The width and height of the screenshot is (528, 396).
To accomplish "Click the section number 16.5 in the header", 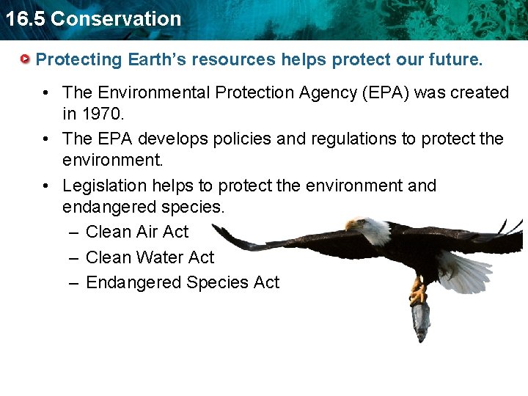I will (24, 19).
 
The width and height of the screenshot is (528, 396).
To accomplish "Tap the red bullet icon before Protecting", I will (26, 59).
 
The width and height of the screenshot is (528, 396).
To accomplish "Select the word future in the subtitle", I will (455, 59).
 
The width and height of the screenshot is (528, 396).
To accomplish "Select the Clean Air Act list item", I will (137, 232).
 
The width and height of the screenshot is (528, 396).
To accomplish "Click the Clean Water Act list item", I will (150, 257).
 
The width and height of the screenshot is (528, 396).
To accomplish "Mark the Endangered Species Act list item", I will (183, 282).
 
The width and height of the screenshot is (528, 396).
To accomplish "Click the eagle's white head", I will (373, 230).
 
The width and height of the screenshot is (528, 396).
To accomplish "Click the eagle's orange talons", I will (418, 294).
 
